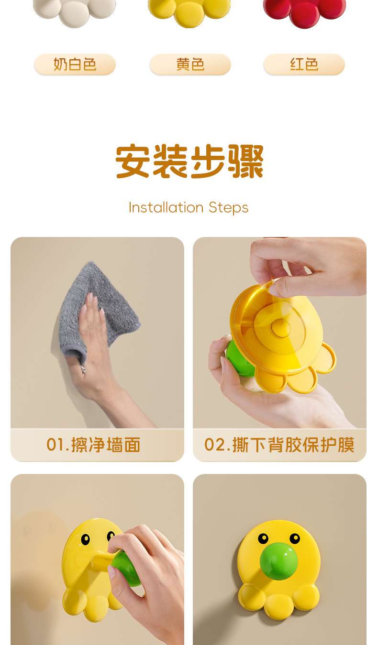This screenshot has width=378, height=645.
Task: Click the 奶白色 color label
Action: [75, 64]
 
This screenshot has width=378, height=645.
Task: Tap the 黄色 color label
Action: [190, 64]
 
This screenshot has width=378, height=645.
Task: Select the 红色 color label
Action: [304, 64]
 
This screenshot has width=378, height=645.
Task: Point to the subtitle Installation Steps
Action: [189, 208]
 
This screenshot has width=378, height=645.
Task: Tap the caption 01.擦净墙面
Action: [93, 444]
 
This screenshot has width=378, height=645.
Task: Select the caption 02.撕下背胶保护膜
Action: [279, 444]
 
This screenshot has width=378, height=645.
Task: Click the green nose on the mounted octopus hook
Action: [278, 561]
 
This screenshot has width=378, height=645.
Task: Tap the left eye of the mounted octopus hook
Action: [263, 538]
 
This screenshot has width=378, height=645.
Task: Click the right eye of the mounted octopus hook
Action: [295, 538]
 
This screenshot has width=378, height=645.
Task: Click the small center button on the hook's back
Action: [281, 328]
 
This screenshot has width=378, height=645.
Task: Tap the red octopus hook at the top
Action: [304, 11]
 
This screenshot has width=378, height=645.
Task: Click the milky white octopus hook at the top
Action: [74, 11]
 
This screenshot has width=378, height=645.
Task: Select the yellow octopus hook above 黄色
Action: [189, 11]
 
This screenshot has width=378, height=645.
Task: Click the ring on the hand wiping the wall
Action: [83, 368]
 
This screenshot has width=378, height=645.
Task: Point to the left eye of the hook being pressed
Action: [85, 539]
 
